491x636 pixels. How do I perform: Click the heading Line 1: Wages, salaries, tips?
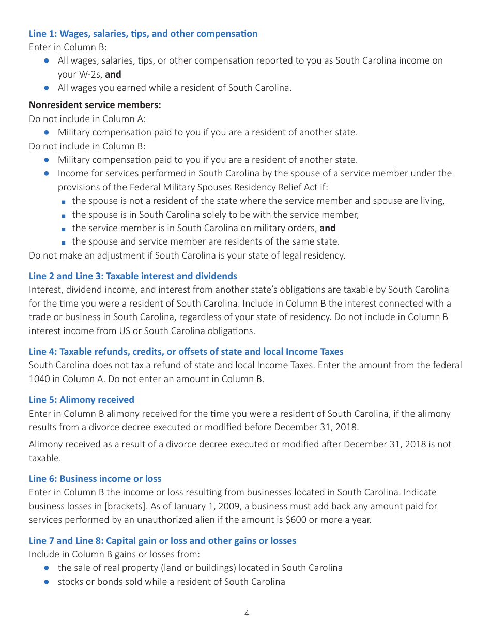(143, 34)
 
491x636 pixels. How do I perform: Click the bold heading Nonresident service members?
(95, 105)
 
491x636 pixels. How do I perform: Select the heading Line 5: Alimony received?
(82, 400)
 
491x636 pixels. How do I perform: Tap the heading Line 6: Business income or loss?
(95, 479)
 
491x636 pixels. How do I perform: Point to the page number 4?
(247, 614)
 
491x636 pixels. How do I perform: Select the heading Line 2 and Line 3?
(133, 276)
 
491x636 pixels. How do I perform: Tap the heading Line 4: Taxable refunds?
(186, 352)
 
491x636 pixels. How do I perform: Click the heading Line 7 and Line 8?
(162, 541)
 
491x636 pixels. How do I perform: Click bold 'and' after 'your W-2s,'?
(113, 74)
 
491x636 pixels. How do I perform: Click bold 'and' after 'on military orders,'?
(328, 228)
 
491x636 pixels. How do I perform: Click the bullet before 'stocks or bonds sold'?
(47, 582)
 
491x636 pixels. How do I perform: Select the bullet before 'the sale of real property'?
(47, 568)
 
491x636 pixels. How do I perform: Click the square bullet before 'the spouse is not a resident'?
(63, 201)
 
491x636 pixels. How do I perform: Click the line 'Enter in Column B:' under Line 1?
(68, 47)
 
